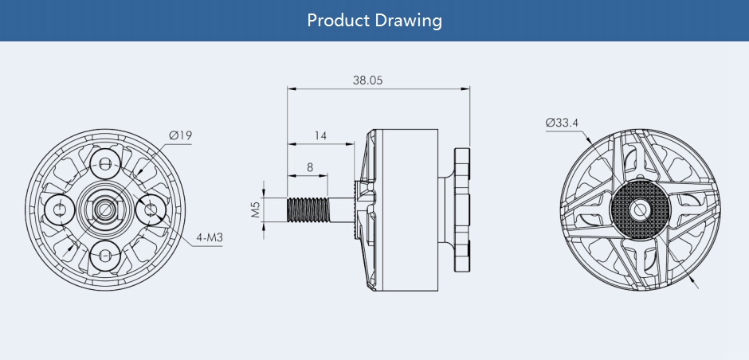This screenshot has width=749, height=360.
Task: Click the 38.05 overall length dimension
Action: (367, 80)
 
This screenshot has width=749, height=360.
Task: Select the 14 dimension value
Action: (320, 136)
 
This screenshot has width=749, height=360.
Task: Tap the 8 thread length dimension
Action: (310, 167)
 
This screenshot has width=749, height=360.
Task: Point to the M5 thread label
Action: (256, 209)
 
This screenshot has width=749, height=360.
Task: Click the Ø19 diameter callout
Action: (180, 135)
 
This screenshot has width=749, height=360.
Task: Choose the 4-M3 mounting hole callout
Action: (210, 237)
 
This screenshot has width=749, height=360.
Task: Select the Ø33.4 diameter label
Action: (562, 123)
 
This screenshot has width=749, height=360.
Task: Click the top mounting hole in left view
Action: (105, 164)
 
